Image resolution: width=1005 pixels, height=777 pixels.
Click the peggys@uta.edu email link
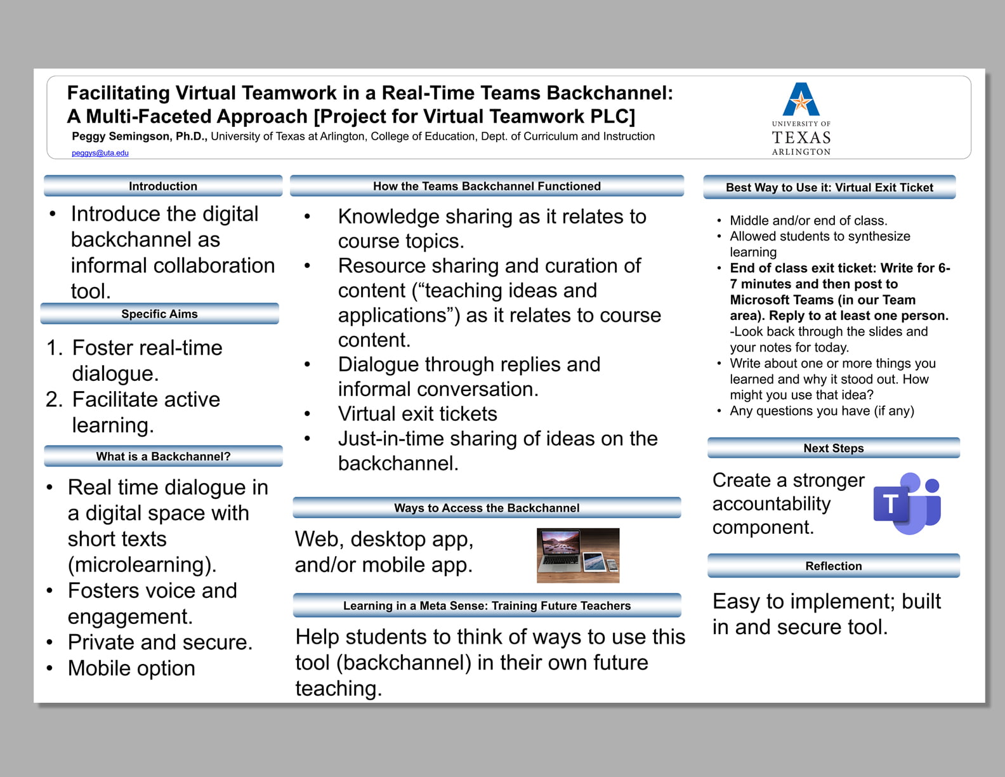coord(100,153)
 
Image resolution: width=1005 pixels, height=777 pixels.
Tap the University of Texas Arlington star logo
coord(801,100)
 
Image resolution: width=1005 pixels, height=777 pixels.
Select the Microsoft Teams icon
coord(907,503)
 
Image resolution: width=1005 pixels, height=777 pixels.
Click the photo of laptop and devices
coord(577,555)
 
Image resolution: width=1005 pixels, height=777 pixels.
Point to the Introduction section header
coord(163,186)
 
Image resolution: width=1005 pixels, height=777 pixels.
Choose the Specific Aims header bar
coord(159,314)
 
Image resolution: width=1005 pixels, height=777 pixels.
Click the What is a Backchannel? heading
coord(163,456)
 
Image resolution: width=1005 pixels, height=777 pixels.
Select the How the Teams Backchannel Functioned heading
coord(487,186)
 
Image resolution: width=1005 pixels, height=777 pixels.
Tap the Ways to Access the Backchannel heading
coord(487,508)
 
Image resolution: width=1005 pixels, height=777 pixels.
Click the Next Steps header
coord(833,448)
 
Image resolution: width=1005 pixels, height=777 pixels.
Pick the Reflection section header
coord(833,566)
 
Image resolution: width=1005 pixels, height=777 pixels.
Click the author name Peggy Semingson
coord(138,136)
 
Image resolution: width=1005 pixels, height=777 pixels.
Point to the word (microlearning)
coord(142,564)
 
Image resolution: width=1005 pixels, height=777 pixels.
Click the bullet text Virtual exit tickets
coord(417,414)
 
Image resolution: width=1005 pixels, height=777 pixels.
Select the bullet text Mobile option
coord(131,668)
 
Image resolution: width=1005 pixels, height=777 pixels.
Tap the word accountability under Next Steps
coord(772,503)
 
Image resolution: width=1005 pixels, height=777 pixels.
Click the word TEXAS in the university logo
coord(801,138)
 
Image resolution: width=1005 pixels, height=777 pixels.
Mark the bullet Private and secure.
coord(160,642)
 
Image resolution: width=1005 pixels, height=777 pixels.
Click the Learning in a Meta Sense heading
coord(487,606)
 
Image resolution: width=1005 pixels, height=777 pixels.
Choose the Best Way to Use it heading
coord(829,187)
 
